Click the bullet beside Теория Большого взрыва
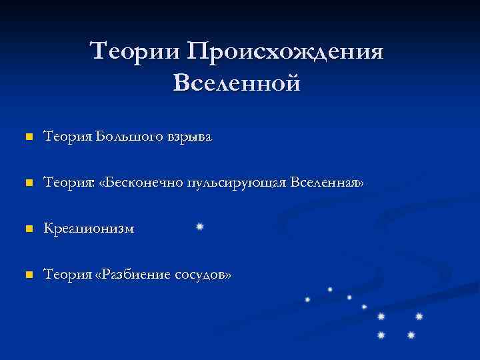pyautogui.click(x=28, y=138)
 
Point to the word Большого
pyautogui.click(x=123, y=137)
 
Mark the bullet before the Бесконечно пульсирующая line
pyautogui.click(x=28, y=183)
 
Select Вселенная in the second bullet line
pyautogui.click(x=327, y=183)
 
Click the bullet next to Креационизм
pyautogui.click(x=28, y=229)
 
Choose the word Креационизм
pyautogui.click(x=89, y=229)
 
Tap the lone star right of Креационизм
pyautogui.click(x=199, y=227)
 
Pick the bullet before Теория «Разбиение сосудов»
pyautogui.click(x=28, y=274)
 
